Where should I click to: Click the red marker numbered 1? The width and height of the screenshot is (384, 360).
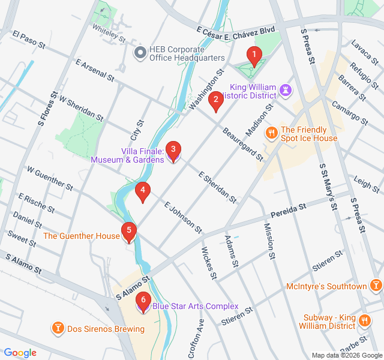tap(254, 56)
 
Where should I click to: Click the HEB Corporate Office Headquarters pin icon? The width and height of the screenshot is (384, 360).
tap(140, 53)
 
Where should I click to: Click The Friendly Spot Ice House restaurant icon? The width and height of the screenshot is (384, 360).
tap(272, 133)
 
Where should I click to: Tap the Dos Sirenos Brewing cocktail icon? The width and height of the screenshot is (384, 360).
tap(58, 328)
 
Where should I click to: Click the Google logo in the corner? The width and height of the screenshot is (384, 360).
tap(20, 353)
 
